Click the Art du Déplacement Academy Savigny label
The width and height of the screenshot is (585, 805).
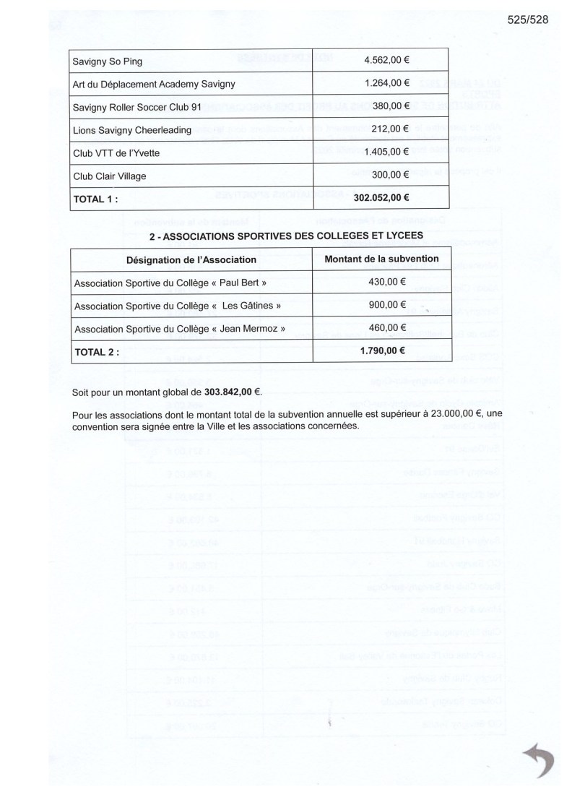[x=154, y=85]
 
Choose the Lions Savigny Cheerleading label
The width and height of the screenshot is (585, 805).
[x=132, y=130]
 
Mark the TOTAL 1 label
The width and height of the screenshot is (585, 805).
[x=95, y=197]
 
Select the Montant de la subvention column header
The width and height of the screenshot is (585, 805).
[x=382, y=259]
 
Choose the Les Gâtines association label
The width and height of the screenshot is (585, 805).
[x=178, y=306]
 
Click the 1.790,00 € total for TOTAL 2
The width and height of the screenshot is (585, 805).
[x=382, y=352]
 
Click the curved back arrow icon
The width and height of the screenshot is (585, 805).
[x=536, y=761]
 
